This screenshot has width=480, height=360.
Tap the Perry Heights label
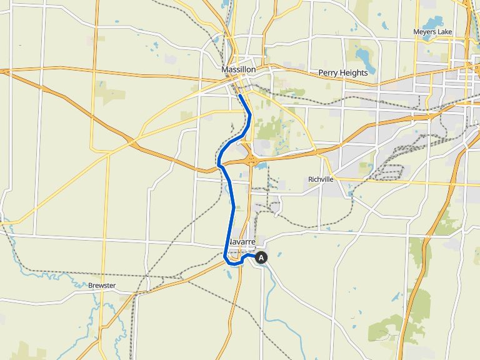tap(342, 72)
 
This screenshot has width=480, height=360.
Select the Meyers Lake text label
tap(433, 32)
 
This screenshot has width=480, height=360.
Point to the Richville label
tap(321, 179)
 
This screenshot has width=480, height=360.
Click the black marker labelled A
tap(261, 257)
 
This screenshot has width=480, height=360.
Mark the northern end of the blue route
tap(240, 96)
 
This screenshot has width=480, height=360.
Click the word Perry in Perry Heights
tap(328, 72)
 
